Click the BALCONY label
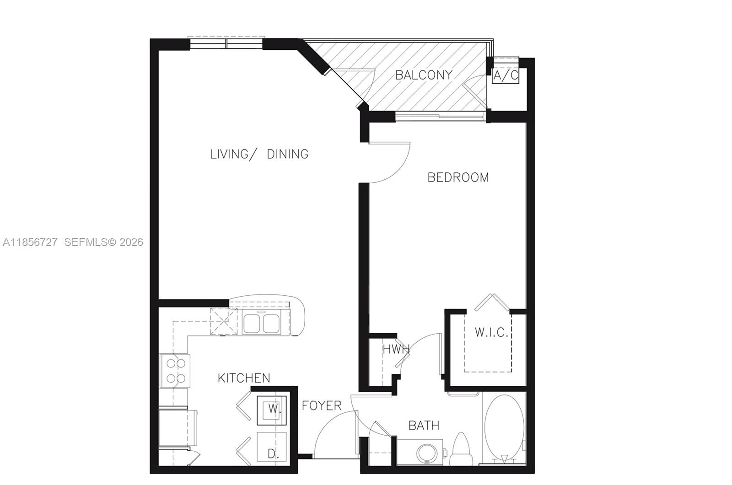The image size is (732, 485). tap(424, 75)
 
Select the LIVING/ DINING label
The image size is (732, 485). tap(259, 154)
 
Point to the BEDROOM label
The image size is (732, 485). tap(458, 177)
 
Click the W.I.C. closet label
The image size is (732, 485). tap(491, 332)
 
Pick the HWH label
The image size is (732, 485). tap(396, 350)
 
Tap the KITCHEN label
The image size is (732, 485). tap(243, 378)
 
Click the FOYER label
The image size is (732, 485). tap(322, 405)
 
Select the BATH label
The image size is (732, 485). tap(424, 426)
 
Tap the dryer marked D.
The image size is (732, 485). tap(272, 447)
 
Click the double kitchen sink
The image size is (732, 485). tap(263, 323)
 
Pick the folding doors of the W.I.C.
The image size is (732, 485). tap(492, 302)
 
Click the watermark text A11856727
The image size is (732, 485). tap(30, 242)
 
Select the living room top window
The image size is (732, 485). tap(226, 43)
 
